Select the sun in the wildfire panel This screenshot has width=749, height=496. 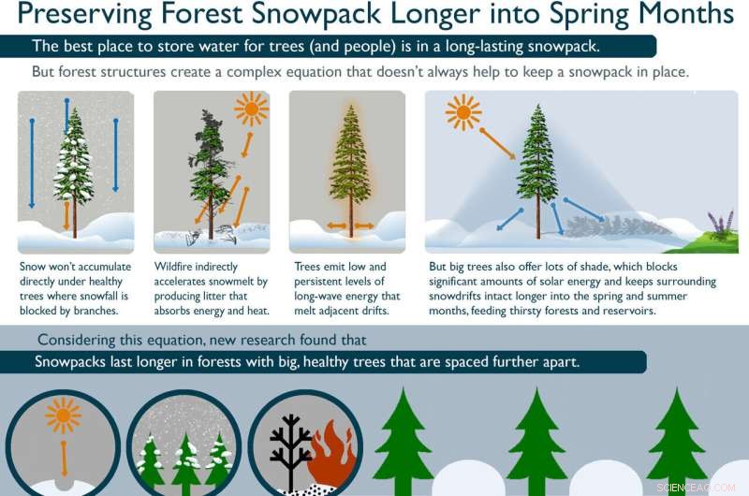pos(251,109)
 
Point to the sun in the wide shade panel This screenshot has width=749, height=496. pos(463,112)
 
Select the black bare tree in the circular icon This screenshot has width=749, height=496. pos(290,449)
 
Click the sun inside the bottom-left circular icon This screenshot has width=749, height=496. pos(64,415)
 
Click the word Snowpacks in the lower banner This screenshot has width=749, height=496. pos(74,362)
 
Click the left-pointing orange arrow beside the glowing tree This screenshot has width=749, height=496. pos(335,226)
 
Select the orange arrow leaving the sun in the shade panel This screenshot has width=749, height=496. pos(497,142)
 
